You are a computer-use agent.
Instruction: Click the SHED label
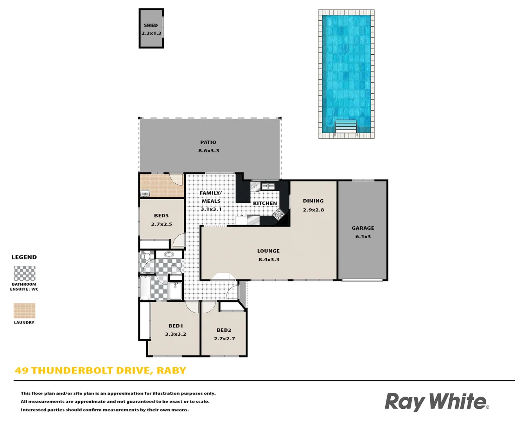tap(151, 25)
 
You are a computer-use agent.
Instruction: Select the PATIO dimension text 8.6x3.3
tap(208, 151)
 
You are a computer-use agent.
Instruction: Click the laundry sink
tap(145, 193)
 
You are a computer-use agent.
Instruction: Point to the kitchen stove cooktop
tap(278, 214)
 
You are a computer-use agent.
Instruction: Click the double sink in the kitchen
tap(268, 186)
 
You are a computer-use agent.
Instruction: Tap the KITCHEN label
tap(265, 203)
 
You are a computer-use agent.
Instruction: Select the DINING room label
tap(313, 201)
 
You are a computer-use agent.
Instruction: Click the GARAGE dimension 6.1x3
tap(363, 237)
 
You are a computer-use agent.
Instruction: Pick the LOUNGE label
tap(268, 251)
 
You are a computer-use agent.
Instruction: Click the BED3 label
tap(161, 216)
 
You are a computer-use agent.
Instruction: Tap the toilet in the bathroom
tap(147, 257)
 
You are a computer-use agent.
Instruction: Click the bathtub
tap(145, 288)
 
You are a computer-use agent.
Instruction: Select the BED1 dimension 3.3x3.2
tap(175, 334)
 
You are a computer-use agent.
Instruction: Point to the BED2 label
tap(224, 330)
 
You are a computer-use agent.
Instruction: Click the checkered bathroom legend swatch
tap(24, 274)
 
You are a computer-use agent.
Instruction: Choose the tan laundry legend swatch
tap(24, 311)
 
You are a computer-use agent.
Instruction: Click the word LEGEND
tap(24, 257)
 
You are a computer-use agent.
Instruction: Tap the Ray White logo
tap(436, 402)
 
